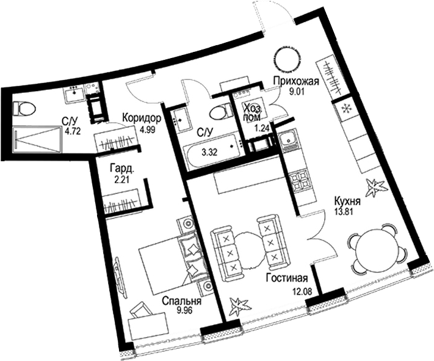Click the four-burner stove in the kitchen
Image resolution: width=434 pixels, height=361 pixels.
coord(300,181)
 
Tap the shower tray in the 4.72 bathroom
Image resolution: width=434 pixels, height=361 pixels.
coord(37,137)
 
